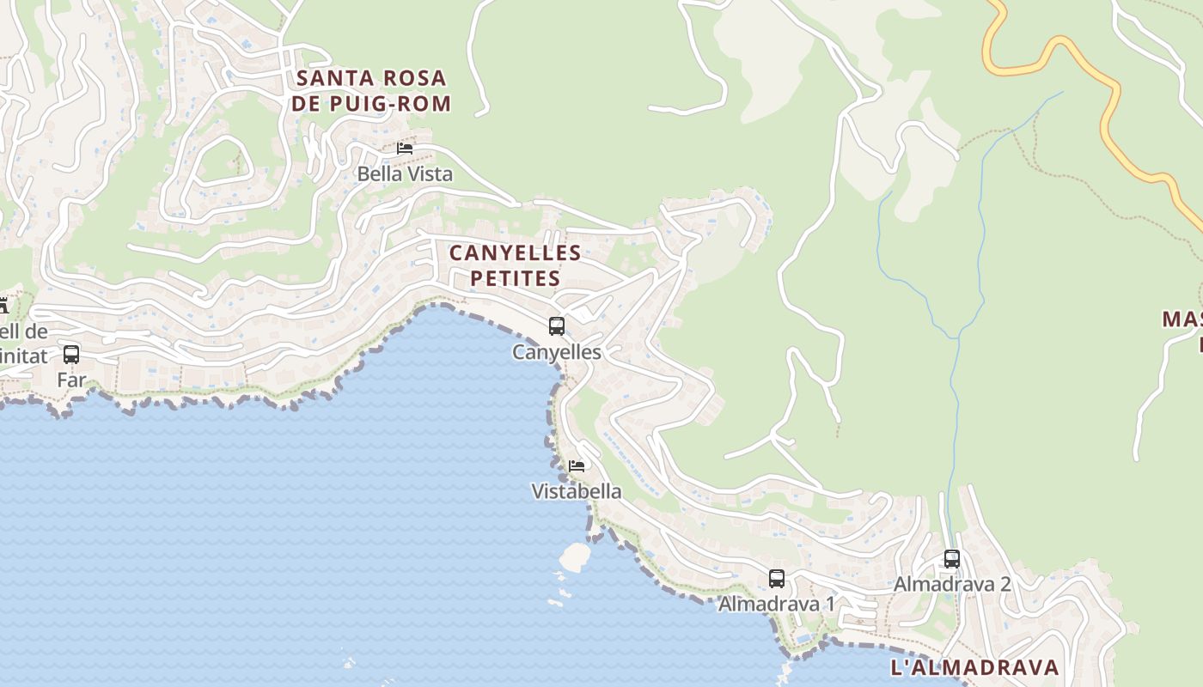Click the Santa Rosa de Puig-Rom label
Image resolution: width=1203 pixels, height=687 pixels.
[371, 91]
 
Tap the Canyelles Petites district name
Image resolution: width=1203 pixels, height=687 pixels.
[515, 265]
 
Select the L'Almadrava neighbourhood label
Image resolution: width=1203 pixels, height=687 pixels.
[974, 667]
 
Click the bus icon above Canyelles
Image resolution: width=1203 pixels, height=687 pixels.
[557, 326]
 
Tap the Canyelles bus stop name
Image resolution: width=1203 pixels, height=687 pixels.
[557, 352]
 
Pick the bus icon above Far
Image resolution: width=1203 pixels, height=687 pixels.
[71, 354]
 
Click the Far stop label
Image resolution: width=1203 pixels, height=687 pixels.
[71, 380]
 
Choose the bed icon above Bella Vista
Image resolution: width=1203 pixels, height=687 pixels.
[405, 148]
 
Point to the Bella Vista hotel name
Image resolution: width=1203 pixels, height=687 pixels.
[405, 174]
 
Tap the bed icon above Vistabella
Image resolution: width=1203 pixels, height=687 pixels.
[577, 465]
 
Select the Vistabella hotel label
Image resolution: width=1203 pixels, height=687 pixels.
[577, 492]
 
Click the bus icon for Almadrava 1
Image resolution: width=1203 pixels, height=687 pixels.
[777, 578]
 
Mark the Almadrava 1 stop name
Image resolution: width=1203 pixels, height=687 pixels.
[777, 605]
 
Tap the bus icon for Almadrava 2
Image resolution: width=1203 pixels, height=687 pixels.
[952, 558]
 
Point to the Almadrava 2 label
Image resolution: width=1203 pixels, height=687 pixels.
[952, 585]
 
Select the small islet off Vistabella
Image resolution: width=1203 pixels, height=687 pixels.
[574, 556]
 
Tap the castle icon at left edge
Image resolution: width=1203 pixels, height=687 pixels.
[3, 305]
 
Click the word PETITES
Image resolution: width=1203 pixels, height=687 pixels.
[515, 278]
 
